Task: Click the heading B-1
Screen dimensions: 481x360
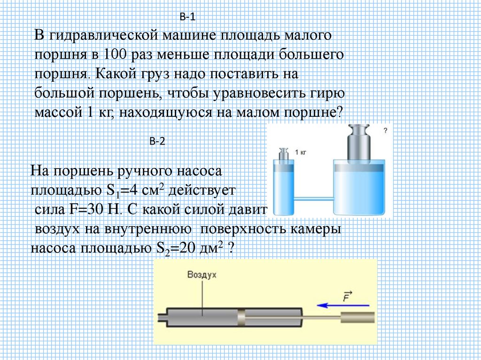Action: [187, 17]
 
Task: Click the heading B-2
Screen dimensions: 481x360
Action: [157, 141]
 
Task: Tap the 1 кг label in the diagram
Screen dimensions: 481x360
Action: [301, 153]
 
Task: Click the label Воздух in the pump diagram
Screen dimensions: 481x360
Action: [202, 275]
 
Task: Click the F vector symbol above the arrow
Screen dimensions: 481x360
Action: [348, 296]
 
